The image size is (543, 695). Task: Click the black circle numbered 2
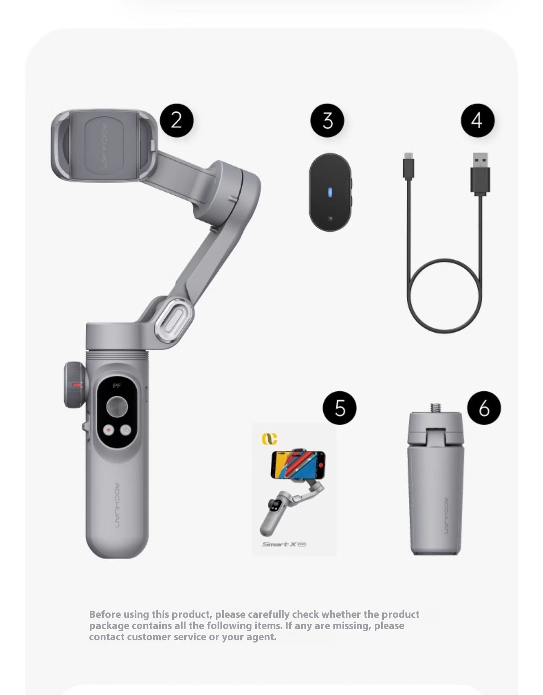(x=177, y=120)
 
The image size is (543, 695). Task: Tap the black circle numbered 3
(x=327, y=120)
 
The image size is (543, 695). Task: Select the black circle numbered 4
(x=477, y=120)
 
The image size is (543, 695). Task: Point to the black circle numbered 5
(x=340, y=408)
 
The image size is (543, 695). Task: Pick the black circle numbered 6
(x=484, y=408)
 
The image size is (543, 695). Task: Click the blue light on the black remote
(x=330, y=193)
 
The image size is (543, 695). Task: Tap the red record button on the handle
(x=109, y=430)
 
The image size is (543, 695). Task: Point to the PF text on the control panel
(x=117, y=386)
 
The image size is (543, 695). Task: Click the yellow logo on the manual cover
(x=270, y=438)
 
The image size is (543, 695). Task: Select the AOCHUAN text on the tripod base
(x=446, y=516)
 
